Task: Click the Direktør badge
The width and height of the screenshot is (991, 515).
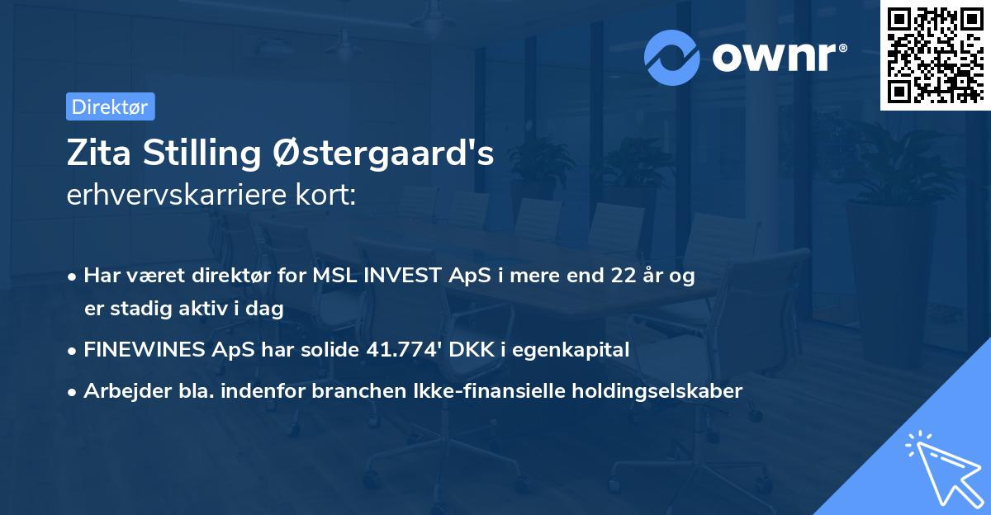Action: [x=110, y=106]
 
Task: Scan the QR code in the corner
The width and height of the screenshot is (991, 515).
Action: [x=935, y=54]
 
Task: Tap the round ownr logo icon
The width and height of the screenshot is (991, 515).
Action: [x=672, y=57]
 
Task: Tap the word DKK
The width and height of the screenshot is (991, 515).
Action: [x=473, y=350]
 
